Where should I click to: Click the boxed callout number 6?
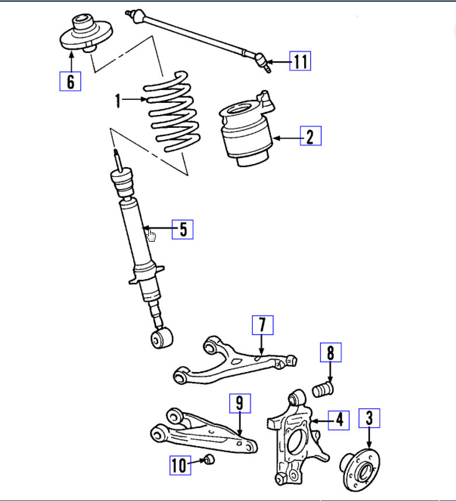(70, 81)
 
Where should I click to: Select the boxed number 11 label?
(300, 61)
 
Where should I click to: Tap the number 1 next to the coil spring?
(118, 101)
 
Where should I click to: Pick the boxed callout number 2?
(310, 137)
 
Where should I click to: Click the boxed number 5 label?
(183, 229)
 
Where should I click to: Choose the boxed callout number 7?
(262, 324)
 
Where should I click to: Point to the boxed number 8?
(330, 352)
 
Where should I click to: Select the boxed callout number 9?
(239, 403)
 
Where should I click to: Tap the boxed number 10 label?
(180, 465)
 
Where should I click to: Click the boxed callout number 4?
(338, 419)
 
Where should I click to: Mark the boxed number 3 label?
(369, 418)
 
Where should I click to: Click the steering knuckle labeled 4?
(295, 438)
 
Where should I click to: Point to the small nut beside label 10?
(210, 460)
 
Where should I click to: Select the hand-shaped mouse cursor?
(152, 235)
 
